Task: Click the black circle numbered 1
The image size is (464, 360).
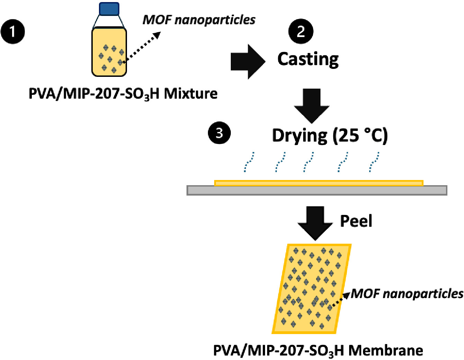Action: (x=12, y=32)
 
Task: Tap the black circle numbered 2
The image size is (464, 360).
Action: (x=301, y=31)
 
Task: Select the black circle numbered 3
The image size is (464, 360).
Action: (x=219, y=133)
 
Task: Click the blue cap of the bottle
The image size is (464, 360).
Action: (x=109, y=9)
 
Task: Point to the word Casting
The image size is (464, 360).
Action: (x=308, y=60)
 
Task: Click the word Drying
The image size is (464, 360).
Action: (x=300, y=136)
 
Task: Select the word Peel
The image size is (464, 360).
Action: (x=356, y=221)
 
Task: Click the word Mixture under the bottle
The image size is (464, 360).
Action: (x=190, y=94)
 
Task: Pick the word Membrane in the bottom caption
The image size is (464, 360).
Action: (x=385, y=351)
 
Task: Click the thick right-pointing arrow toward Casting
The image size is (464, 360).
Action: (x=248, y=62)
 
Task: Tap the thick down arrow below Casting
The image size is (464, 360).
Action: (x=311, y=106)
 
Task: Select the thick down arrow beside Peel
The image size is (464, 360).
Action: (x=315, y=223)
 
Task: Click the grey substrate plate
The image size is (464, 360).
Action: (x=317, y=190)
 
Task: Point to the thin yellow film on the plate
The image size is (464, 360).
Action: (x=319, y=183)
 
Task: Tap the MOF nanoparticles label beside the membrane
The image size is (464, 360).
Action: (x=407, y=294)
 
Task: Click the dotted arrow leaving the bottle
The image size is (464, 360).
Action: (x=142, y=47)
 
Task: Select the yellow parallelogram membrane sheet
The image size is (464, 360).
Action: (x=311, y=289)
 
